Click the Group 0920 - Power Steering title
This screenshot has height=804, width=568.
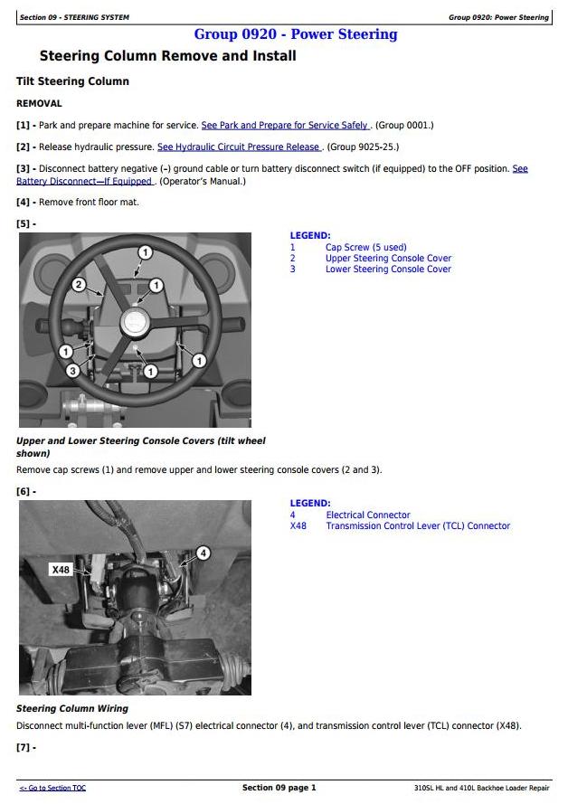(x=295, y=34)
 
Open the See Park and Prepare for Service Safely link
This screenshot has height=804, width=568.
(x=286, y=125)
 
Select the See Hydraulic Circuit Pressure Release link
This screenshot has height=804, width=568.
(x=239, y=147)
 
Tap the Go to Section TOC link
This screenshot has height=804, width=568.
(x=52, y=788)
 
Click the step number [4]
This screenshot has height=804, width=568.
(x=24, y=203)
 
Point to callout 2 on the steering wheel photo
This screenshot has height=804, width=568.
(x=79, y=285)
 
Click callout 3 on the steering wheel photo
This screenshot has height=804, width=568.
(x=72, y=370)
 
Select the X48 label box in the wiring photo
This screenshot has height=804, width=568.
(x=61, y=570)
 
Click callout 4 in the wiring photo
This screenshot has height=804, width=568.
(x=204, y=553)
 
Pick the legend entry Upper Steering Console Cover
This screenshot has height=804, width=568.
(x=388, y=259)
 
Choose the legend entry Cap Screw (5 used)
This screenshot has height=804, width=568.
(x=366, y=247)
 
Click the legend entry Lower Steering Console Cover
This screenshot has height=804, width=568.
(x=388, y=270)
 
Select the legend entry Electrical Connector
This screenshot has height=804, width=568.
(x=368, y=515)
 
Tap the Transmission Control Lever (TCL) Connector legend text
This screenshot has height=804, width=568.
(x=418, y=526)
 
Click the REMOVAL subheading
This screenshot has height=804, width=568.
(x=39, y=104)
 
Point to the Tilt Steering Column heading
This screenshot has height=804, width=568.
(x=72, y=81)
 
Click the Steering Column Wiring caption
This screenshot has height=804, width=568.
(x=73, y=709)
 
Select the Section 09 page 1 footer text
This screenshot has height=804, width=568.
(x=279, y=788)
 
